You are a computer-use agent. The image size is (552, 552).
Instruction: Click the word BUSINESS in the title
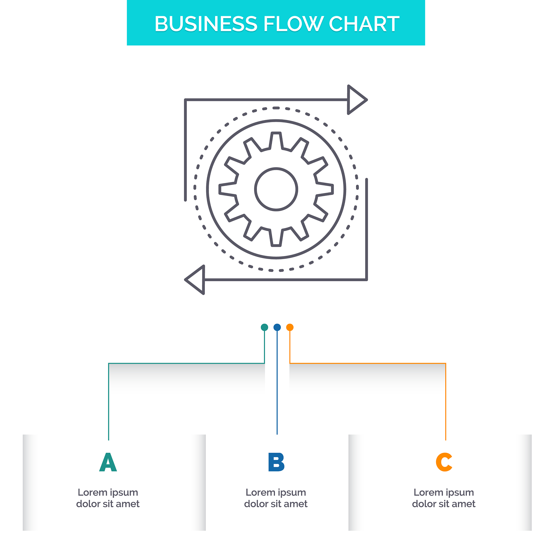pyautogui.click(x=206, y=24)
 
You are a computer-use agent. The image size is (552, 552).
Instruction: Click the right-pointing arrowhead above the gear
pyautogui.click(x=356, y=100)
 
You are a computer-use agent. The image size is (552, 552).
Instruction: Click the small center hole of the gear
pyautogui.click(x=276, y=189)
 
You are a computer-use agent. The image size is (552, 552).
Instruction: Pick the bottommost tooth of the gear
pyautogui.click(x=276, y=239)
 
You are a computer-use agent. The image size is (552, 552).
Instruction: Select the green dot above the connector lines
pyautogui.click(x=264, y=327)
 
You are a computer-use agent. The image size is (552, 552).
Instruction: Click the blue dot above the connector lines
pyautogui.click(x=277, y=327)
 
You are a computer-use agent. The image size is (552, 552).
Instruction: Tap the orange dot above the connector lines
pyautogui.click(x=290, y=327)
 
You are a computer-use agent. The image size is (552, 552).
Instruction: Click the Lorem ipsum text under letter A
pyautogui.click(x=108, y=498)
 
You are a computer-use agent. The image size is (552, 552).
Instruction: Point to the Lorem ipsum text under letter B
pyautogui.click(x=276, y=498)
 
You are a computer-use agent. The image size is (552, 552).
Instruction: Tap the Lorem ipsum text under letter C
pyautogui.click(x=444, y=498)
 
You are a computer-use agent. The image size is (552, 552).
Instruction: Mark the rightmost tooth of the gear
pyautogui.click(x=326, y=189)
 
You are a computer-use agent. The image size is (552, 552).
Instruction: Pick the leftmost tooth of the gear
pyautogui.click(x=227, y=189)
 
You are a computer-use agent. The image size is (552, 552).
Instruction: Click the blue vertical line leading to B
pyautogui.click(x=277, y=386)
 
